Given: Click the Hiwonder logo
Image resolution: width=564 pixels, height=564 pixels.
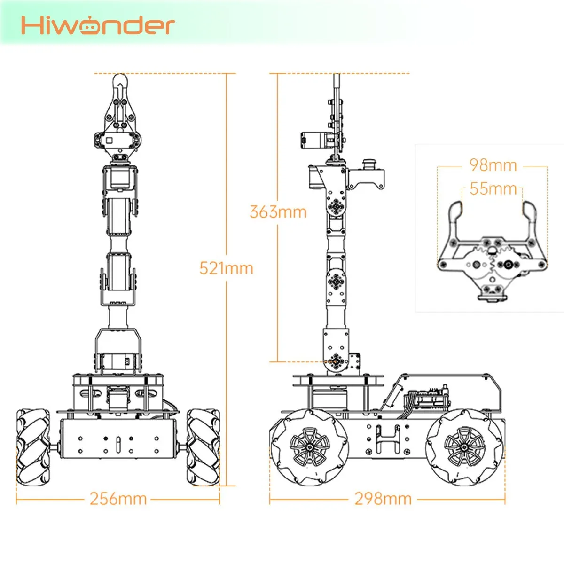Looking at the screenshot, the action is [98, 25].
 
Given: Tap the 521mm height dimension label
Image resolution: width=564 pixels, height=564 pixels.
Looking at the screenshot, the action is [226, 268].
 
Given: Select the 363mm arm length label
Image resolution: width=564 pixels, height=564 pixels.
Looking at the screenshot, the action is [278, 212].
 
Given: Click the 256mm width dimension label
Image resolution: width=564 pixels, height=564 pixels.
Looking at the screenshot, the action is [118, 499].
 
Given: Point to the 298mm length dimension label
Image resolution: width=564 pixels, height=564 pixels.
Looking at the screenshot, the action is [383, 499].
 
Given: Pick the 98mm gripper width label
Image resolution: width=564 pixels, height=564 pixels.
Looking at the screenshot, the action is [493, 165].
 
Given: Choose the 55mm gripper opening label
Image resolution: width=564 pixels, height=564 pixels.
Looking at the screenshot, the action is [493, 189].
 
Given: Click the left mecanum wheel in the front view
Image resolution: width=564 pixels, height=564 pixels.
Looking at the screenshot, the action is [33, 447].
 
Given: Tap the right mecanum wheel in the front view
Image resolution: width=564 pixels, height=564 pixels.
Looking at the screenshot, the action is [203, 447].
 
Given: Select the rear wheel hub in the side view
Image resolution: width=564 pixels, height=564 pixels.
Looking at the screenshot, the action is [464, 447].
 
